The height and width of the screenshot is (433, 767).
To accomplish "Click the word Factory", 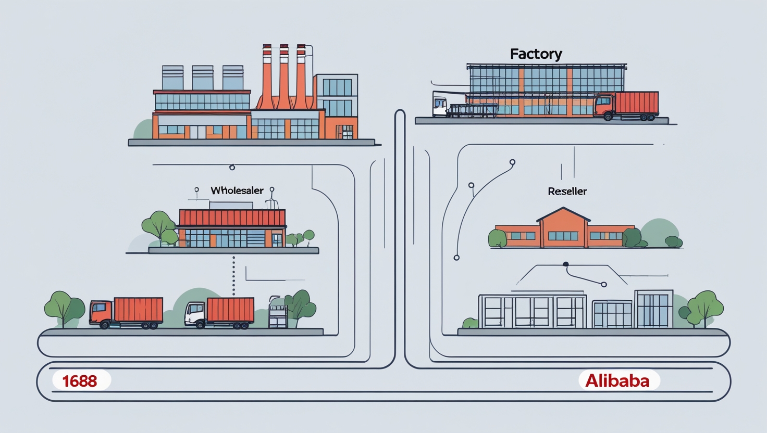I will point(536,54).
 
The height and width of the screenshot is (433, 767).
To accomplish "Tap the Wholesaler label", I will point(237,190).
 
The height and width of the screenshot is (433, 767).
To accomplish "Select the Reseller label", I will point(567,192).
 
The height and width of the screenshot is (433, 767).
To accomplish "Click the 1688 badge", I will point(80,380).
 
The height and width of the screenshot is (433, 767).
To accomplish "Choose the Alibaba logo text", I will point(617,380).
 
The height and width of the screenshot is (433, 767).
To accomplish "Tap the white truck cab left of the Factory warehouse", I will point(439,106).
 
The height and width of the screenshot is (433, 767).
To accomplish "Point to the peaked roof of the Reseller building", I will point(563,214).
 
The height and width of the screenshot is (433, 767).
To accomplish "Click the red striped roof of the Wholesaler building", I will point(232,217).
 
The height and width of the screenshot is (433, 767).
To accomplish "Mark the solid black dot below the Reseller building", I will point(566,264).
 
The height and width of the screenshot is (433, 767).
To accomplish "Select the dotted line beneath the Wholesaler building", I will point(233,276).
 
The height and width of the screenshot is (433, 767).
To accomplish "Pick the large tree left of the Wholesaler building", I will point(158,225).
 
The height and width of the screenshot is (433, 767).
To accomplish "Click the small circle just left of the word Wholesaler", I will point(196,190).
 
